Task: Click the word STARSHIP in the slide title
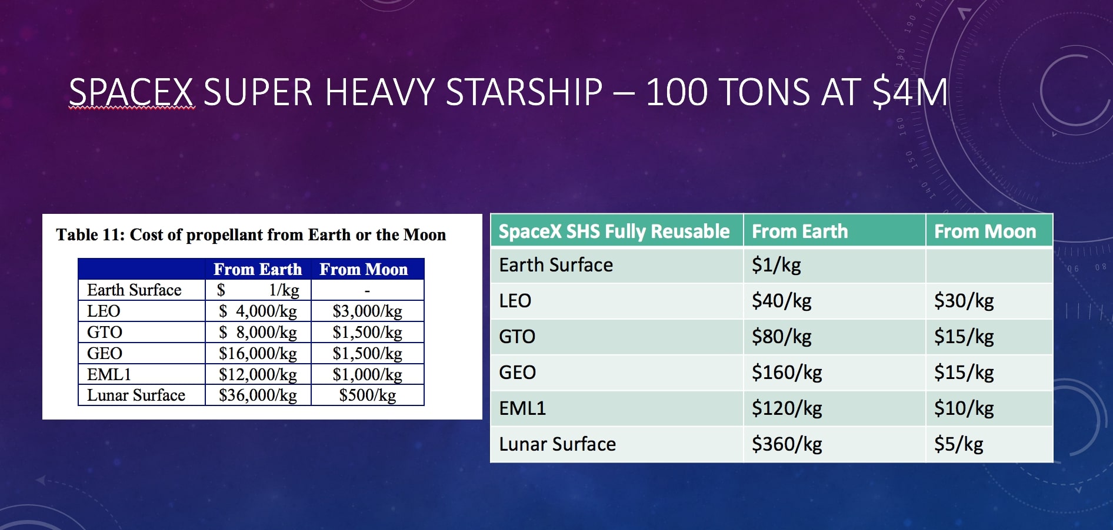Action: (524, 93)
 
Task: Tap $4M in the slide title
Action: (909, 93)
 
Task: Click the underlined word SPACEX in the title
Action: (131, 93)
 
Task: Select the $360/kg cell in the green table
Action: (787, 444)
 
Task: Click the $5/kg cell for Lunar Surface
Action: (958, 444)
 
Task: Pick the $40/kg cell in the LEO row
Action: (781, 301)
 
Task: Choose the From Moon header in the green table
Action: (985, 232)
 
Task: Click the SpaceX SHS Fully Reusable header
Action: (614, 232)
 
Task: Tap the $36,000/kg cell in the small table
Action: (258, 395)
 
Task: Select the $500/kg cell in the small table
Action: (367, 395)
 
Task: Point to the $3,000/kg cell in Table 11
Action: (367, 311)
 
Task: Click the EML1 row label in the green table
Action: (522, 408)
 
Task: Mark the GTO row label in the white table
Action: (105, 333)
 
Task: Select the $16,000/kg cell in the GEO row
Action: (258, 354)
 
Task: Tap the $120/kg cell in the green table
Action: (787, 408)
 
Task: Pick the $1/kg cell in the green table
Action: (776, 265)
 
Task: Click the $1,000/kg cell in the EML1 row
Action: (367, 375)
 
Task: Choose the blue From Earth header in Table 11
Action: (258, 269)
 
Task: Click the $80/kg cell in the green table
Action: (781, 337)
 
